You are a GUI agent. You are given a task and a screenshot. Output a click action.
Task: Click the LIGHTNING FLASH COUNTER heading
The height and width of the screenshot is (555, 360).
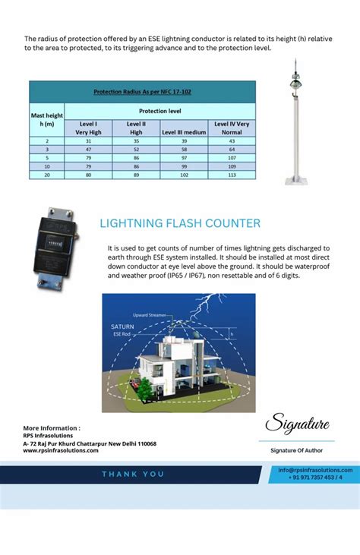point(180,223)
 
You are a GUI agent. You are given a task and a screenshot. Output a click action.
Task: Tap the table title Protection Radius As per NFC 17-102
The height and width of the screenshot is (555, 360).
point(142,92)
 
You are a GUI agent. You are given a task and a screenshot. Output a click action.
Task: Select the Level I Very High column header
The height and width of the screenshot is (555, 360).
point(88,128)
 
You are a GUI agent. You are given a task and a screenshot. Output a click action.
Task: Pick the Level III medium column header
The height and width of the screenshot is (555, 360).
point(184,132)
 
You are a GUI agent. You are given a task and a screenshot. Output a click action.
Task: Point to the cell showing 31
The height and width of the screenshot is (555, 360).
point(88,141)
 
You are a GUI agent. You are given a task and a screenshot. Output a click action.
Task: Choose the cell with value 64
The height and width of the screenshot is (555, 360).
point(232,150)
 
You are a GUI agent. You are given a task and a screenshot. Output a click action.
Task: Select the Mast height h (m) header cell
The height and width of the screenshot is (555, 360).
point(47,119)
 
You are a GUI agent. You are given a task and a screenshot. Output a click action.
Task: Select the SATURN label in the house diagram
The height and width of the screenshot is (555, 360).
point(122,326)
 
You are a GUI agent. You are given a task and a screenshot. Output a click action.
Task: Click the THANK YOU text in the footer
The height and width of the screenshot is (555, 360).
point(134,474)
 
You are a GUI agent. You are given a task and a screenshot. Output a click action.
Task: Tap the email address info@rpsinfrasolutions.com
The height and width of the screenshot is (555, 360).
point(315,470)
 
